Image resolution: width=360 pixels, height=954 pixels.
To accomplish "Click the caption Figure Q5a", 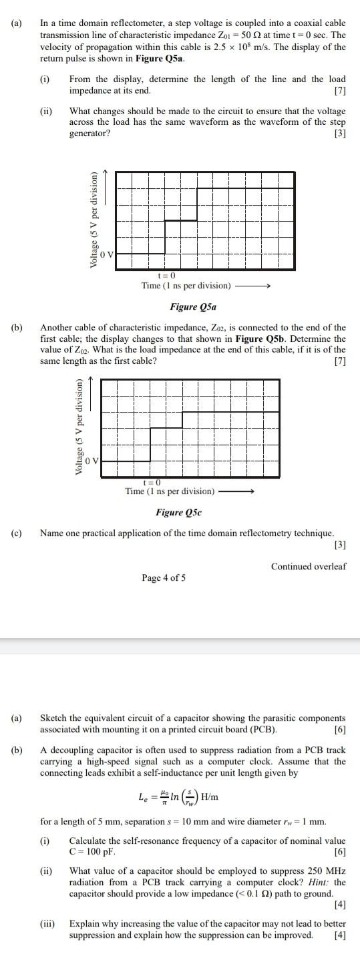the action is pos(193,307).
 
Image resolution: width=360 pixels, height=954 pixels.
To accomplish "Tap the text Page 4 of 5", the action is pos(164,577).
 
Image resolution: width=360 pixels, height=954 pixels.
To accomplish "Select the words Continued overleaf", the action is pos(309,566).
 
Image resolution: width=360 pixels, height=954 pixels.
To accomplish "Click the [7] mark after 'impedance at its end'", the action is pos(339,90).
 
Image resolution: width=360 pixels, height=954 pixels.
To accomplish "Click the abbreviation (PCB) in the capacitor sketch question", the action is pos(263,728).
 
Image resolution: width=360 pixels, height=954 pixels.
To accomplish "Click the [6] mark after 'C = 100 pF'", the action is pos(339,852).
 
